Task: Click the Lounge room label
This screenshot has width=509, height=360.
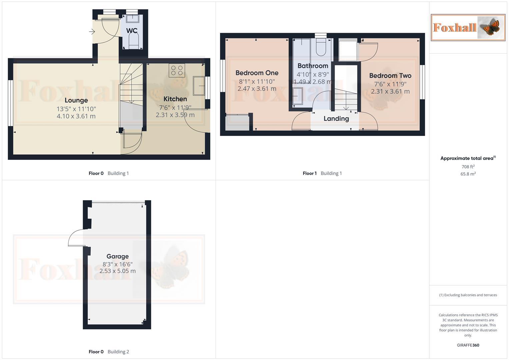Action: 76,100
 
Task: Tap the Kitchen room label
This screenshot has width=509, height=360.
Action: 175,99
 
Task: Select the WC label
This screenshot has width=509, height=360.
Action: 132,31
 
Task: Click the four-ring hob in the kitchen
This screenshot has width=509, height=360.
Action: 177,70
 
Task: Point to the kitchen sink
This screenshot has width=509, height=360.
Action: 199,86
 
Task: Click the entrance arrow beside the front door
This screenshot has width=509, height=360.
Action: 92,32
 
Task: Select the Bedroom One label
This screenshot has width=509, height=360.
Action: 257,73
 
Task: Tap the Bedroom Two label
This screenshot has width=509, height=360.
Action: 390,76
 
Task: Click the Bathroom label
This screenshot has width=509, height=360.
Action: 313,66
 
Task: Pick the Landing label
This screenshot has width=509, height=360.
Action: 336,119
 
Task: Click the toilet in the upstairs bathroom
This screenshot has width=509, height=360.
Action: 321,48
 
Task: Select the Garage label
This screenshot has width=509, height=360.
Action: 117,256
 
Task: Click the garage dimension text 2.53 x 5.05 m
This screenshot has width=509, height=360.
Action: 117,271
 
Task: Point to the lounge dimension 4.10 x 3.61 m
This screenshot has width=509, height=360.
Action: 76,116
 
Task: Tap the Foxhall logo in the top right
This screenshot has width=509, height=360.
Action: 468,27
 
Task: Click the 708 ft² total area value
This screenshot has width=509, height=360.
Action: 468,167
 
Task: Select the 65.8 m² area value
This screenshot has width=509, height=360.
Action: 468,174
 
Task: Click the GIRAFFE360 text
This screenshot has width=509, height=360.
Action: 468,345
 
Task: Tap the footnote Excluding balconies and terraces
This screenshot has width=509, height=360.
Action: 468,295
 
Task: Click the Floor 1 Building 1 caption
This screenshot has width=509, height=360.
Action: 322,173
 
